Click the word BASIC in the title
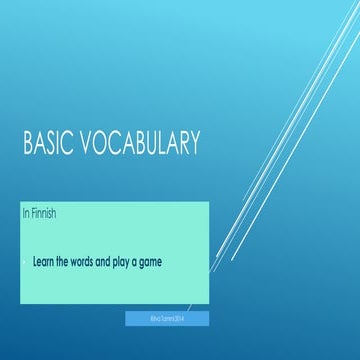tap(46, 146)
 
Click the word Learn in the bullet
tap(44, 262)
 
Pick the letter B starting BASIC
tap(27, 146)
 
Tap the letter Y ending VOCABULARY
tap(194, 146)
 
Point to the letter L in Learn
tap(35, 262)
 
